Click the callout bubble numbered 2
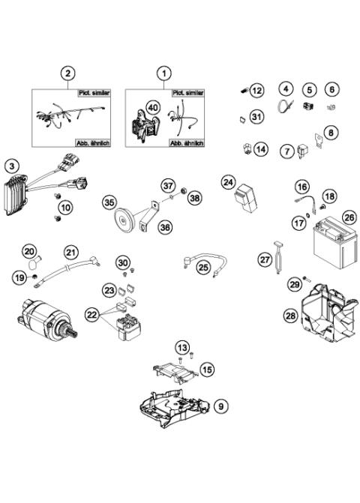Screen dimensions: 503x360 click(68, 73)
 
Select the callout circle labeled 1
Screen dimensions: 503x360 click(163, 73)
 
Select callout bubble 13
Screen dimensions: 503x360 click(182, 346)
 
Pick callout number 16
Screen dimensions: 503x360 click(301, 186)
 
